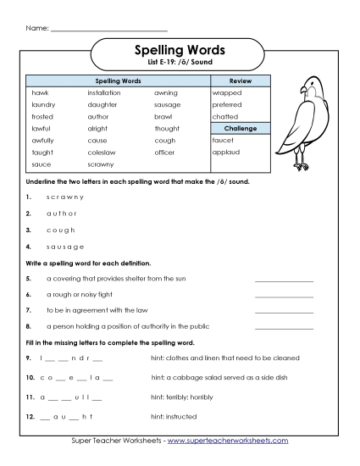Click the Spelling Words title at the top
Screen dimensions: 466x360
point(180,51)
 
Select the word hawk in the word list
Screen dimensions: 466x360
point(41,92)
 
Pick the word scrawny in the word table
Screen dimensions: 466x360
point(101,164)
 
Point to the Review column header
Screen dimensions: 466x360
point(241,80)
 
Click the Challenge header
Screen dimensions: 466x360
point(241,128)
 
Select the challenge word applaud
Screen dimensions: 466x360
point(226,153)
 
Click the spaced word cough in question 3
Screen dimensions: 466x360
point(61,230)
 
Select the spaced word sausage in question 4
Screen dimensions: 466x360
point(65,246)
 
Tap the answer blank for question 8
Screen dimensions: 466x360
point(284,326)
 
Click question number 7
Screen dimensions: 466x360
point(29,310)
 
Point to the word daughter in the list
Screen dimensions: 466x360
point(102,104)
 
